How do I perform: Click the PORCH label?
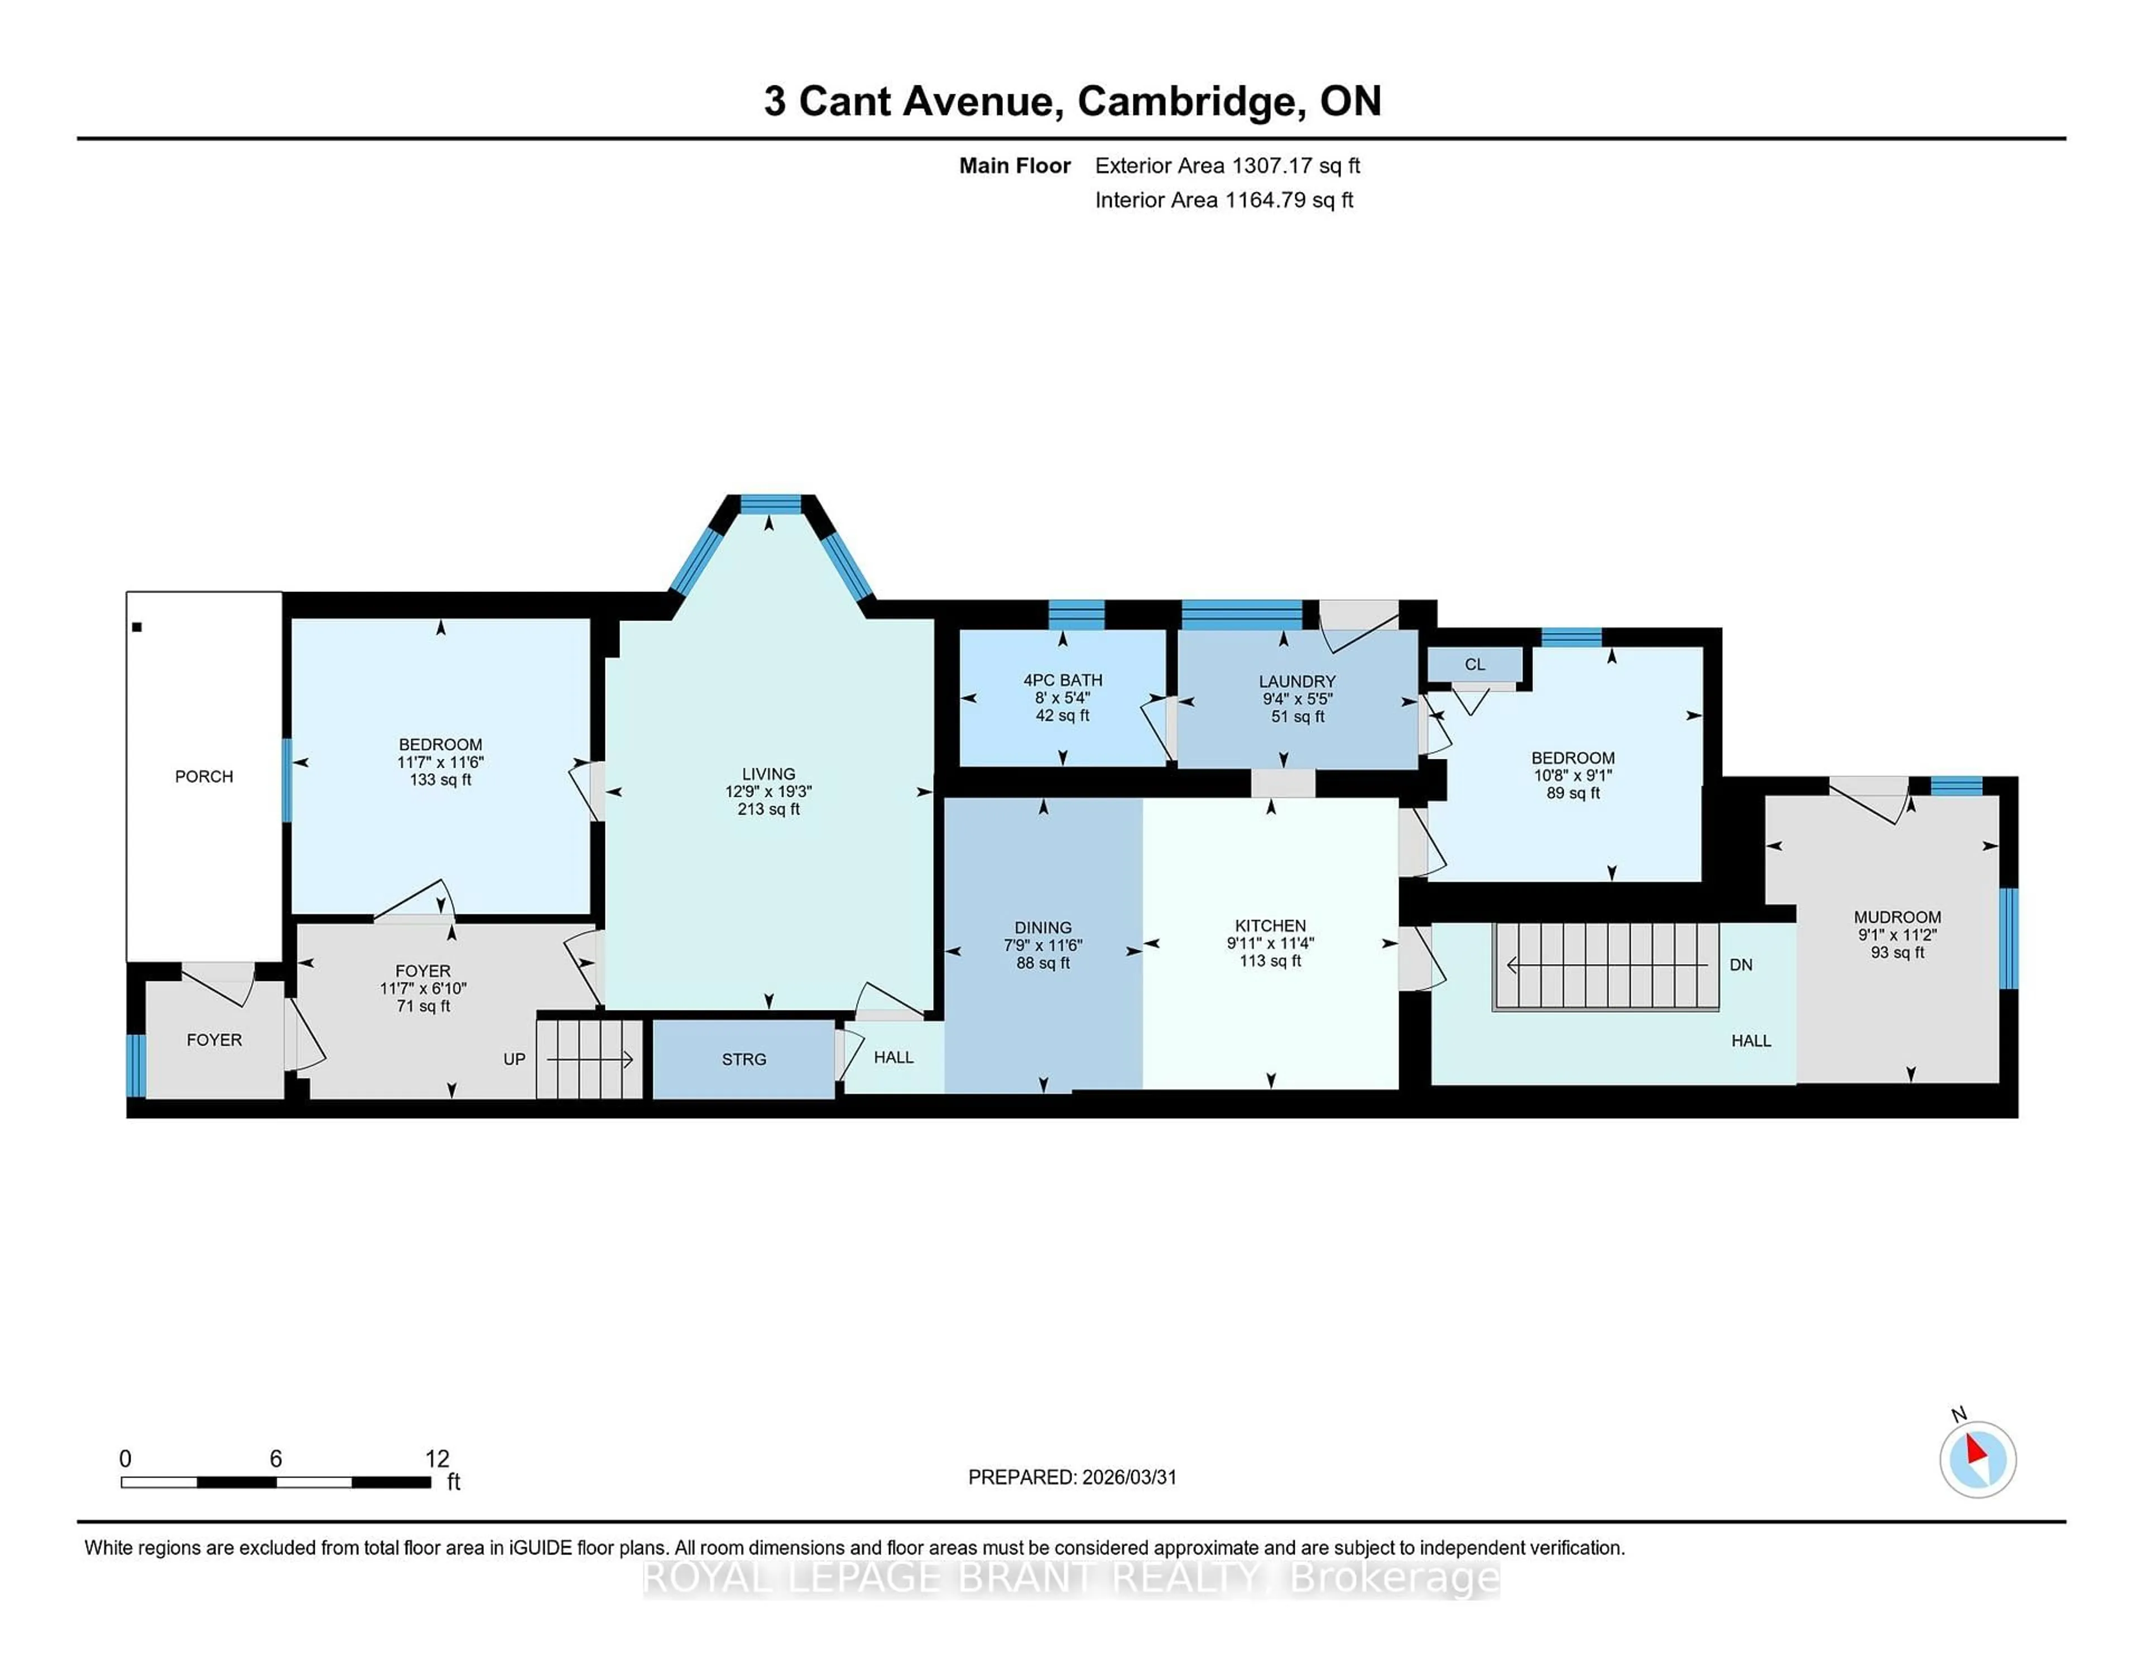(204, 776)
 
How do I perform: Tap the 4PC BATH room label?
(1063, 680)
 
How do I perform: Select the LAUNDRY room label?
(1297, 681)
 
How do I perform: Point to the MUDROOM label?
(1897, 917)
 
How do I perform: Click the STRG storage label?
(744, 1060)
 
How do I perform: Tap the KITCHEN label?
(1270, 925)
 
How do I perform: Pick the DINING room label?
(1043, 927)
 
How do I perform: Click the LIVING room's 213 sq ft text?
(768, 810)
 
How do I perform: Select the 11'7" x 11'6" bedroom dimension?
(440, 762)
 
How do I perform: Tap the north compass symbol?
(1977, 1459)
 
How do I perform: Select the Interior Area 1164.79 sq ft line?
(1224, 200)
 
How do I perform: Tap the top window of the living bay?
(770, 504)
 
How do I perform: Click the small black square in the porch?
(137, 627)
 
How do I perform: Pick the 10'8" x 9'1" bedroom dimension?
(1573, 775)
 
